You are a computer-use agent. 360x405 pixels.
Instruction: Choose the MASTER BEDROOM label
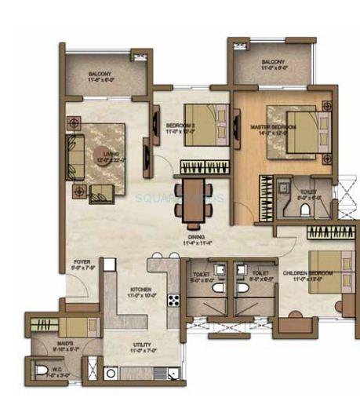point(272,126)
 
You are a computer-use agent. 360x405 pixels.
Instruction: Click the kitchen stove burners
point(173,298)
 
